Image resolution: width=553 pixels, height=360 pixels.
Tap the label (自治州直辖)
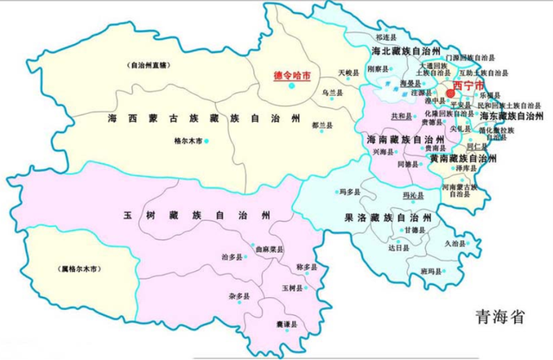click(149, 64)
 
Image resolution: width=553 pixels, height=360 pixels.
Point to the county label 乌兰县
click(332, 92)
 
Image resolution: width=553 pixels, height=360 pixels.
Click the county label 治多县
click(232, 256)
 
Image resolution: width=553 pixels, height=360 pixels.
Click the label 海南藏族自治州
click(393, 139)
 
